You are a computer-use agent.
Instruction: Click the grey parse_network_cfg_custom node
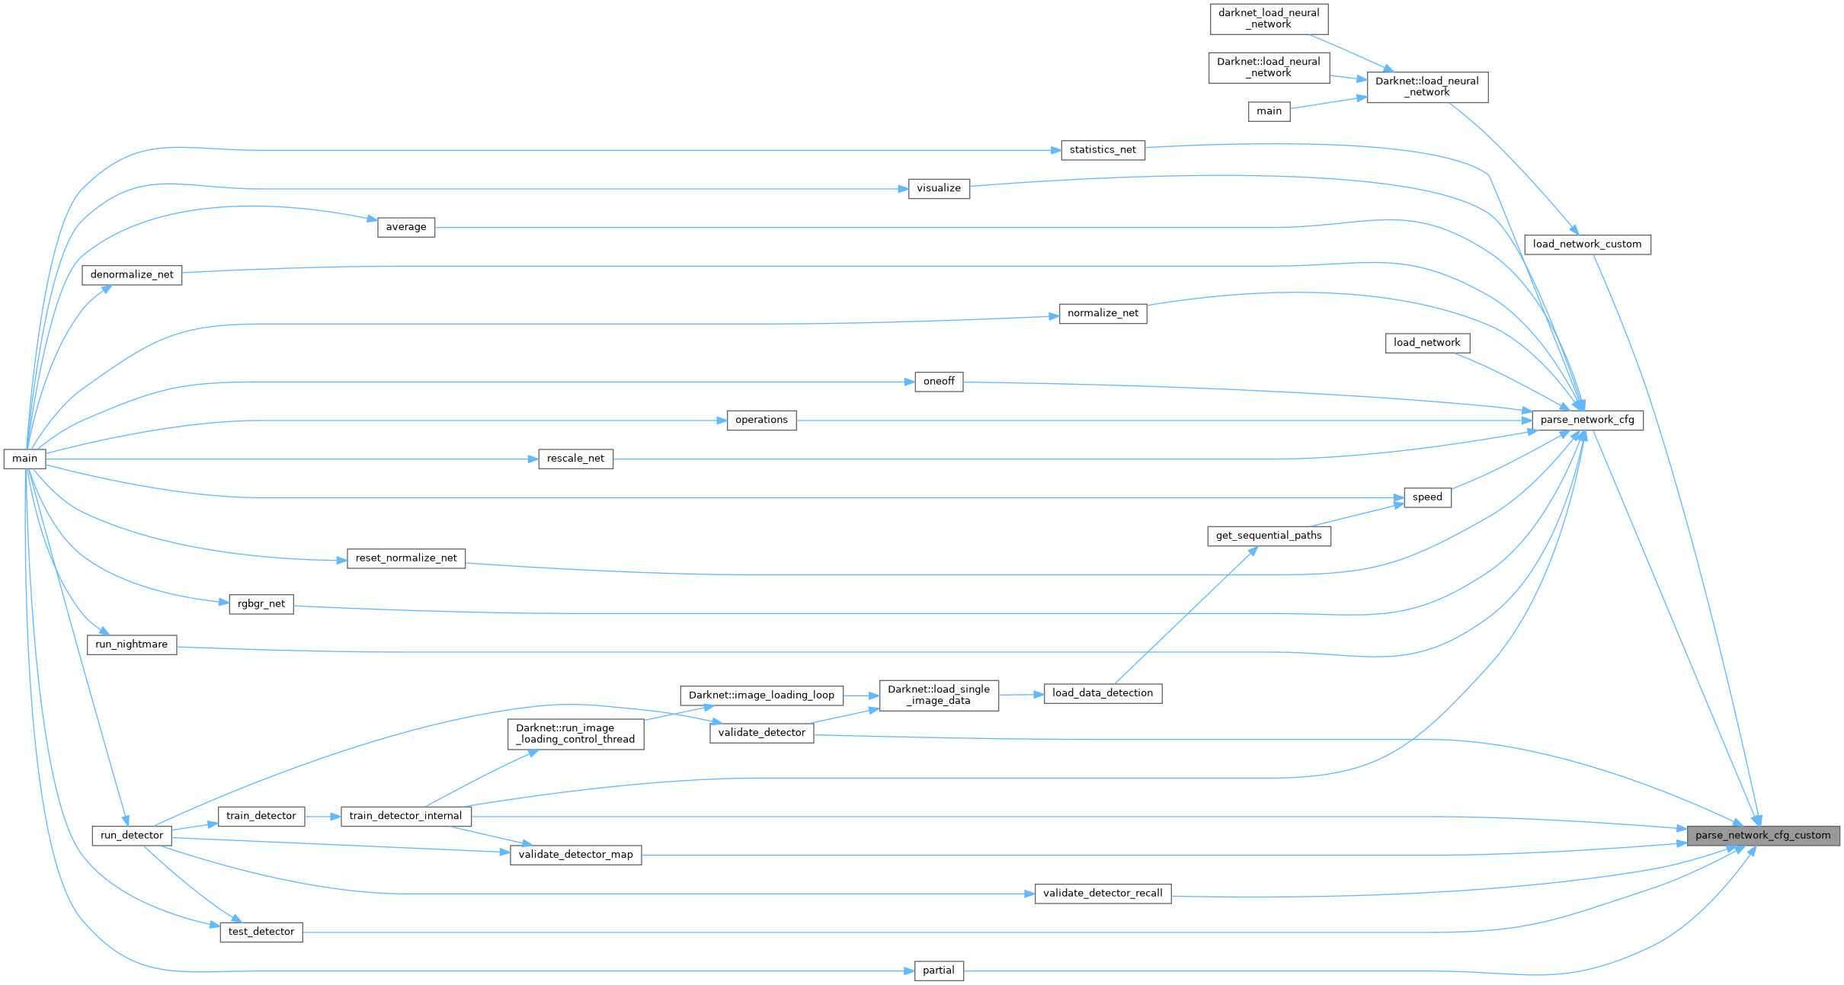tap(1762, 836)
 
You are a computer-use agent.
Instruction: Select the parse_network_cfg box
tap(1587, 420)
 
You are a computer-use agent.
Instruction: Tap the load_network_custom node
tap(1587, 245)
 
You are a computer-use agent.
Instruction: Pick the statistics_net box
tap(1103, 150)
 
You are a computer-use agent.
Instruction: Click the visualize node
tap(939, 188)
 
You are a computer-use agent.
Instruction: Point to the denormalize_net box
tap(132, 275)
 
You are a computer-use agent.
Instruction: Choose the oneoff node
tap(939, 382)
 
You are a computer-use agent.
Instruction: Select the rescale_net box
tap(575, 459)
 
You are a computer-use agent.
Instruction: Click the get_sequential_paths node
tap(1269, 536)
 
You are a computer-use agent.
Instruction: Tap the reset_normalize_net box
tap(406, 558)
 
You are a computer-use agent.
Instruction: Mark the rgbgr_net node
tap(261, 604)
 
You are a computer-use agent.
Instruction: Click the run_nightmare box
tap(132, 644)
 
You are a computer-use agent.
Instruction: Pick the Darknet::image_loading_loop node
tap(761, 695)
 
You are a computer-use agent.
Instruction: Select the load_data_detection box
tap(1103, 693)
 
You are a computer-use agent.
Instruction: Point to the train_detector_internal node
tap(405, 816)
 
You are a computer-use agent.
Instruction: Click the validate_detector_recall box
tap(1103, 894)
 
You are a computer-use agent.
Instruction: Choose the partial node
tap(939, 971)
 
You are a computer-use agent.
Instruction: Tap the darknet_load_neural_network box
tap(1269, 18)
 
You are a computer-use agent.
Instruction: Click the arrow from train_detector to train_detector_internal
tap(323, 816)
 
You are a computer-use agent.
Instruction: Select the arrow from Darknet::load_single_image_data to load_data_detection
tap(1021, 694)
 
